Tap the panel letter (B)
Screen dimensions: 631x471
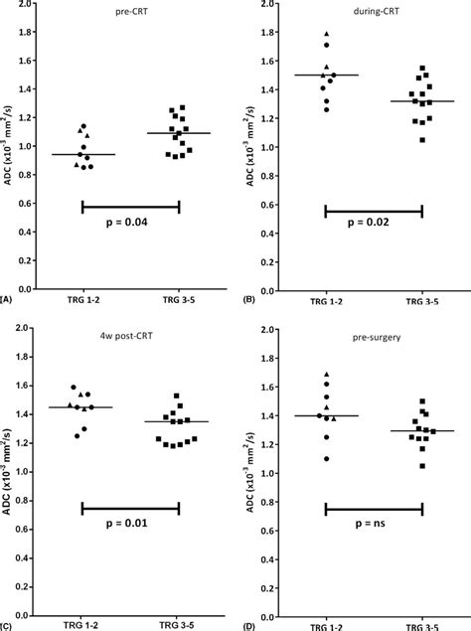click(248, 298)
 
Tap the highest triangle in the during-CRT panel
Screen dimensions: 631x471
click(327, 35)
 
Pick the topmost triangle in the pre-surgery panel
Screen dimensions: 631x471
click(327, 375)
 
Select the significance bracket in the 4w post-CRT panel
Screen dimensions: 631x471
click(131, 509)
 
